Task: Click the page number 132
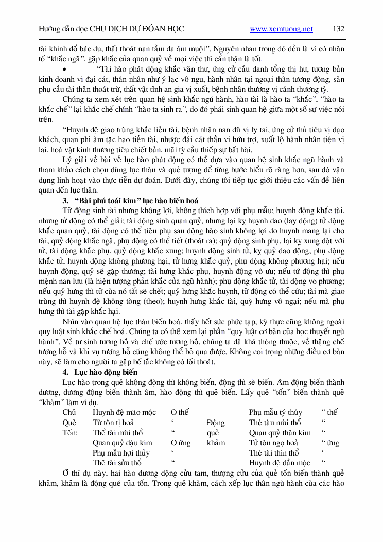pyautogui.click(x=338, y=29)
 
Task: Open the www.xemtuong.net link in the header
pyautogui.click(x=281, y=29)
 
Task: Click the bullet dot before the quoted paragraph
pyautogui.click(x=64, y=68)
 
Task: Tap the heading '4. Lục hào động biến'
pyautogui.click(x=100, y=372)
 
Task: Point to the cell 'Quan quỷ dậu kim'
pyautogui.click(x=122, y=443)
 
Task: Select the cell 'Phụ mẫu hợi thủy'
pyautogui.click(x=121, y=453)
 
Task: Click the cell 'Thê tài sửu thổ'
pyautogui.click(x=117, y=463)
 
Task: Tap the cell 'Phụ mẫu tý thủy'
pyautogui.click(x=275, y=412)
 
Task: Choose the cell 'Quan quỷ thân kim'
pyautogui.click(x=280, y=433)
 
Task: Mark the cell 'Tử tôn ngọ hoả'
pyautogui.click(x=273, y=443)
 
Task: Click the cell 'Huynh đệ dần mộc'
pyautogui.click(x=280, y=463)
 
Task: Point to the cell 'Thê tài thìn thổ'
pyautogui.click(x=273, y=453)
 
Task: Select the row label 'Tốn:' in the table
pyautogui.click(x=70, y=433)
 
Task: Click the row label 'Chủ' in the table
pyautogui.click(x=69, y=412)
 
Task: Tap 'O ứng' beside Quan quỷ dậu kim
pyautogui.click(x=181, y=443)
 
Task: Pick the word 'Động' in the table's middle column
pyautogui.click(x=215, y=423)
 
